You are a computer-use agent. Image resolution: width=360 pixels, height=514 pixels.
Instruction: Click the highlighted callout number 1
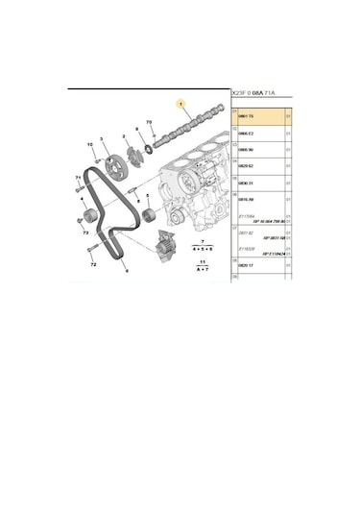[179, 103]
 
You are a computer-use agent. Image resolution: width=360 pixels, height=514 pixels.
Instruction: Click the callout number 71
[78, 179]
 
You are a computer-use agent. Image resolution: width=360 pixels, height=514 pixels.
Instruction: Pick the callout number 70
[149, 123]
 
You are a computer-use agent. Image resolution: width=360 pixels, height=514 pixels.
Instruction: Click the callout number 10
[92, 145]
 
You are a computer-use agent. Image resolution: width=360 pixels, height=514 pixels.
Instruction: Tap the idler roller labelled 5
[149, 214]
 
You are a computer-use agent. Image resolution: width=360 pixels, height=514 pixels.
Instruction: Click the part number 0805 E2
[246, 132]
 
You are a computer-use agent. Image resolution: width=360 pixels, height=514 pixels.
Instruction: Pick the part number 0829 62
[246, 168]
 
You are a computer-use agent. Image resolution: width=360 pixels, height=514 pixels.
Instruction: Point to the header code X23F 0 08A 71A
[254, 94]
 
